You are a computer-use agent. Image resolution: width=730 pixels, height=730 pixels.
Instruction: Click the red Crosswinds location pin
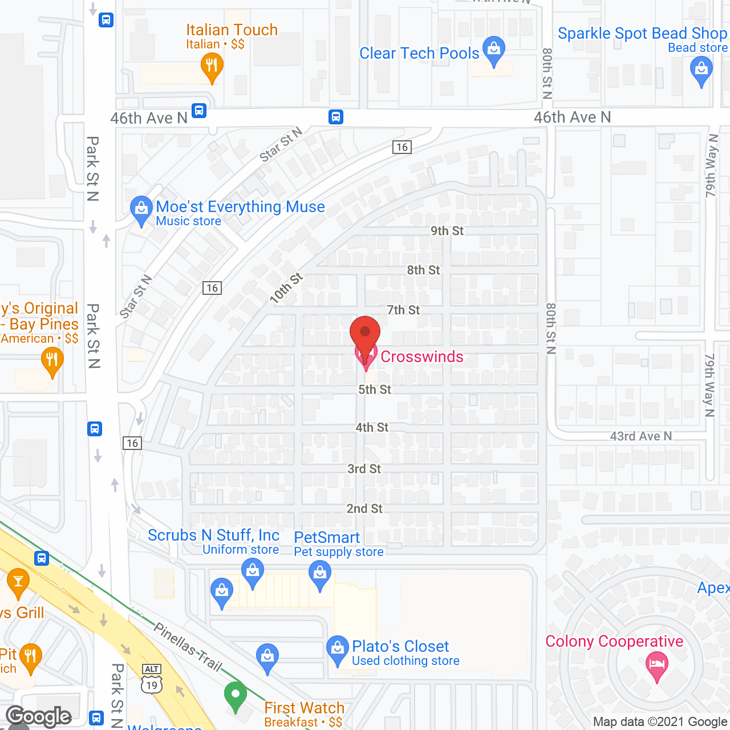click(x=364, y=334)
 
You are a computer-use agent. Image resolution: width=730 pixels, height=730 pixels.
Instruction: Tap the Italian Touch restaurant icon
click(x=212, y=66)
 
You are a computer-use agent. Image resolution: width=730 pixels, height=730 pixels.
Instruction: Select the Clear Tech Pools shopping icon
click(x=493, y=50)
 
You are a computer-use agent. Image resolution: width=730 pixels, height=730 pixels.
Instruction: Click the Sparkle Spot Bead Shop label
click(x=642, y=34)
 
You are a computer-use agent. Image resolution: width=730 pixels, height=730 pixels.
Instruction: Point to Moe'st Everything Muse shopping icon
click(x=141, y=209)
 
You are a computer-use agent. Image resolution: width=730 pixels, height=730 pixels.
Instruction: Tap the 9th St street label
click(x=447, y=231)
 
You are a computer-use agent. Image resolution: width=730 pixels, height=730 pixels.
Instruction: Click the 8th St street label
click(x=423, y=270)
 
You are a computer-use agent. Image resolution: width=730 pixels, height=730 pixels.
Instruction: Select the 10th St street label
click(x=286, y=287)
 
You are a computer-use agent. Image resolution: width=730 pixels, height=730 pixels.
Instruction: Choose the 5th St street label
click(x=375, y=390)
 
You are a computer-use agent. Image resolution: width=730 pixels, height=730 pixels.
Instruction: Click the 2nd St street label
click(x=364, y=509)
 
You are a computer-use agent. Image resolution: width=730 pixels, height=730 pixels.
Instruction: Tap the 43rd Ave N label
click(x=641, y=436)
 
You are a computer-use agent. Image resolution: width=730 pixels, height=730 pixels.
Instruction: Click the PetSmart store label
click(x=327, y=537)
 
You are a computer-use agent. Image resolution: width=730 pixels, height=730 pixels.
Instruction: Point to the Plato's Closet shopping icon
click(x=338, y=649)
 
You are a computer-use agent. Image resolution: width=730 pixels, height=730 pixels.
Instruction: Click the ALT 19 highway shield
click(x=152, y=679)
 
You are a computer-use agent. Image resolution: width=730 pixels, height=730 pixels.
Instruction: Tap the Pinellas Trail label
click(x=188, y=647)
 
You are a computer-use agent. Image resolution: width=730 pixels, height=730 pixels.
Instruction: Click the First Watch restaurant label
click(x=304, y=708)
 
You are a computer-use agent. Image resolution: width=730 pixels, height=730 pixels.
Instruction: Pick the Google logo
click(x=39, y=716)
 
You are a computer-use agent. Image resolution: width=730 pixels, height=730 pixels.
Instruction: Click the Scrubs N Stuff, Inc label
click(x=213, y=536)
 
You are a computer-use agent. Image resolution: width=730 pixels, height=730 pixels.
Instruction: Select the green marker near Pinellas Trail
click(x=235, y=695)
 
